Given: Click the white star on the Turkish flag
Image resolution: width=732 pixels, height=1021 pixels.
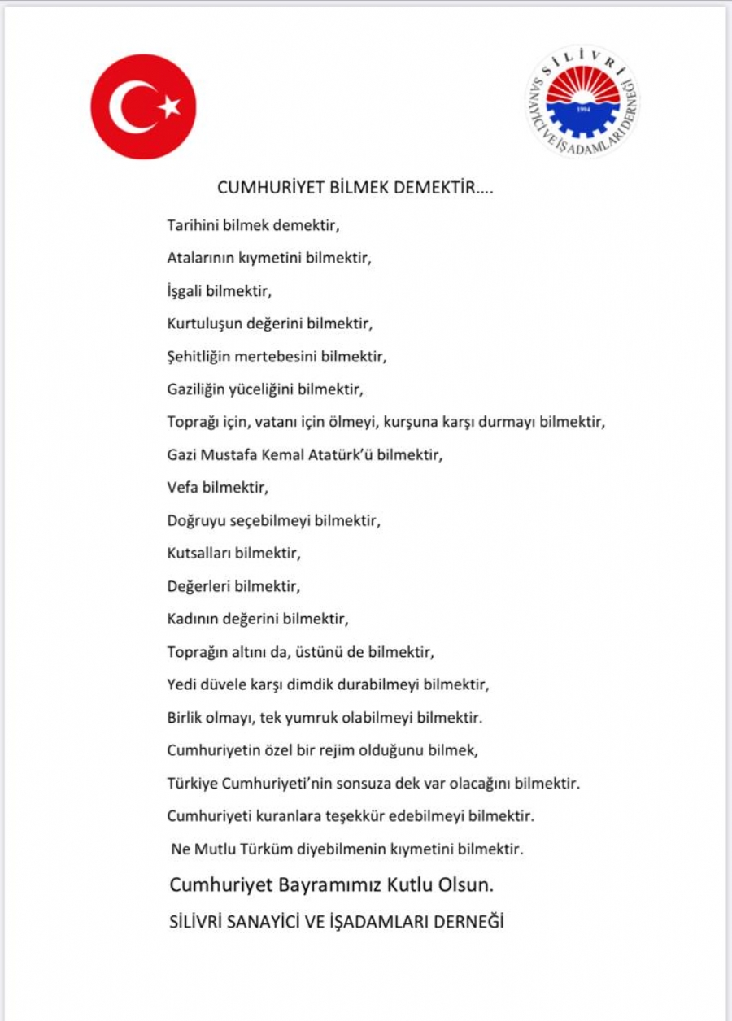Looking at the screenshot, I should click(x=170, y=106).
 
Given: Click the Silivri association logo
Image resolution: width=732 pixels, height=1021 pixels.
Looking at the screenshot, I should click(x=582, y=102).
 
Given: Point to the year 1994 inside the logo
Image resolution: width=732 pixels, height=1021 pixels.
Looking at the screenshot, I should click(x=582, y=107).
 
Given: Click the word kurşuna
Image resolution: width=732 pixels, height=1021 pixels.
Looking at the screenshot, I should click(x=407, y=423).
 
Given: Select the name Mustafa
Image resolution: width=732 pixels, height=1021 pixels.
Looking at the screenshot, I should click(x=230, y=455).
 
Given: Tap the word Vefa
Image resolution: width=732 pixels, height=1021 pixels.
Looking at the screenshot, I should click(x=182, y=488).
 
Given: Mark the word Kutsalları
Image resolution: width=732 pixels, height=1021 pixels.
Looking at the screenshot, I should click(x=199, y=554).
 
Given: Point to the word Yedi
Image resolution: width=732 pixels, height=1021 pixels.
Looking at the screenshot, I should click(x=181, y=685).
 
